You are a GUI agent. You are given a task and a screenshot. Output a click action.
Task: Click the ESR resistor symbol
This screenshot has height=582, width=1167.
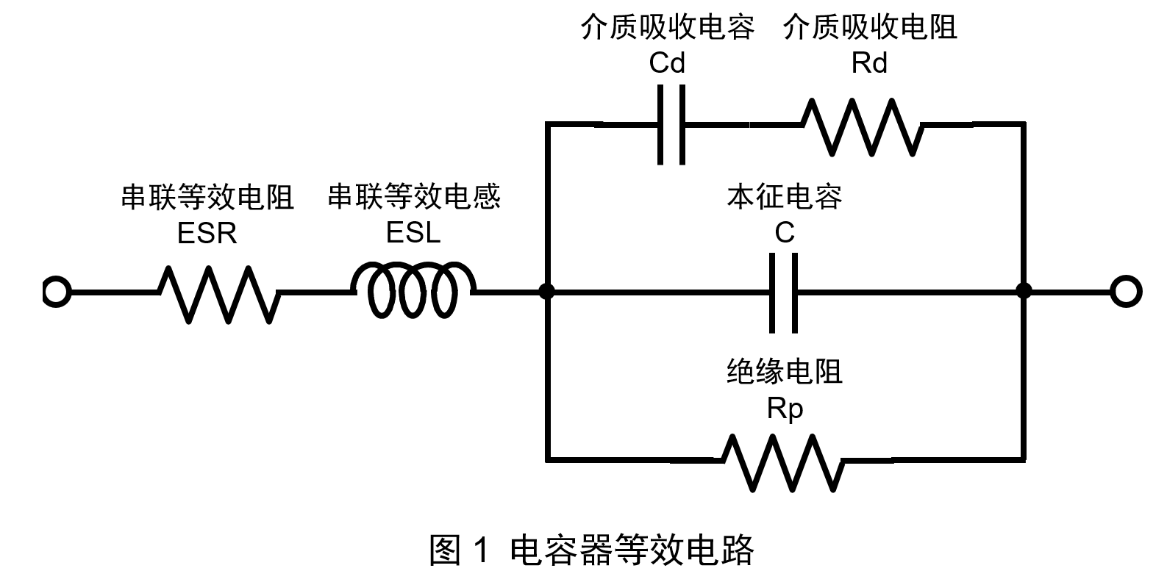219,293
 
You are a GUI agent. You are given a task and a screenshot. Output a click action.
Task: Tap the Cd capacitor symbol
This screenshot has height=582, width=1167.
671,125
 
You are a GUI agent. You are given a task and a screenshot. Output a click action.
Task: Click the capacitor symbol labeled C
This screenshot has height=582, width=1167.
784,292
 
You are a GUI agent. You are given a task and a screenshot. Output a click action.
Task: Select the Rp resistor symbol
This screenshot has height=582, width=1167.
781,462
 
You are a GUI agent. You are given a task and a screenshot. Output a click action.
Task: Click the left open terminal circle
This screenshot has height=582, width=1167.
56,292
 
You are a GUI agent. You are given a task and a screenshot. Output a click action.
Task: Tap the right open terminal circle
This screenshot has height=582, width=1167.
1125,292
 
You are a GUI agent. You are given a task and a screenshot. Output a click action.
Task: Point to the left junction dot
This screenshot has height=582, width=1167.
546,292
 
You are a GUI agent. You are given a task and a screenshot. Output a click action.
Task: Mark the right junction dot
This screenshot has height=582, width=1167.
1023,292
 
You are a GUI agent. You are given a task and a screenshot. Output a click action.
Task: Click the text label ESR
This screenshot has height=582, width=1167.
207,234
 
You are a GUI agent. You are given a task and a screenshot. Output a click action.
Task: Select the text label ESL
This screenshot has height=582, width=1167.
413,233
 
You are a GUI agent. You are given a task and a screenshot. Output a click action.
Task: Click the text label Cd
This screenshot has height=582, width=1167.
667,64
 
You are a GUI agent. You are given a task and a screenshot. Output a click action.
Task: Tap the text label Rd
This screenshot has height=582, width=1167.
869,64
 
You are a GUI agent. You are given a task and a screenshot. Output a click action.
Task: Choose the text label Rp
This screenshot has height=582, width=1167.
785,409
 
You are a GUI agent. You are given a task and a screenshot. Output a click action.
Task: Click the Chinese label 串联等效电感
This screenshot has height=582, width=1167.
413,197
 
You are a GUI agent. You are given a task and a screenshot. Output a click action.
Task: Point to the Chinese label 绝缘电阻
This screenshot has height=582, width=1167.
784,372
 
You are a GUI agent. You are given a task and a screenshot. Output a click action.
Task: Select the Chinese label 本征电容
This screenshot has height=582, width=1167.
784,197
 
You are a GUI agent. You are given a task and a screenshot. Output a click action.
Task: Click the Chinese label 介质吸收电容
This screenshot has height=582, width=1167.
667,28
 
